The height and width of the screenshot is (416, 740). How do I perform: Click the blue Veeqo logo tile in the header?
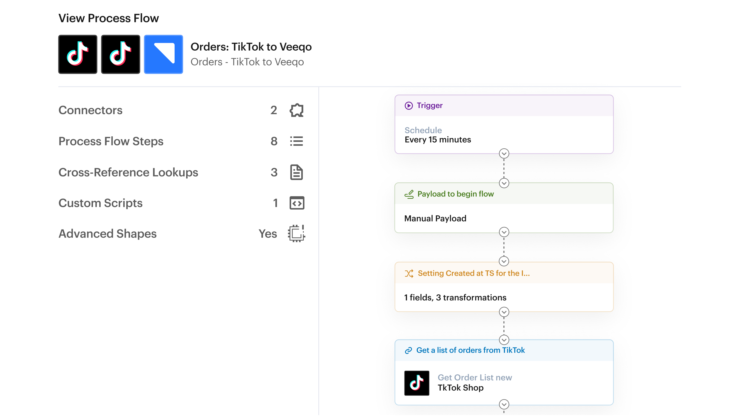[x=163, y=54]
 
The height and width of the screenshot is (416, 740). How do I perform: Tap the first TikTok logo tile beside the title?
[x=77, y=54]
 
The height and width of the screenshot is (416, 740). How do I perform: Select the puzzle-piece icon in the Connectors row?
[x=296, y=110]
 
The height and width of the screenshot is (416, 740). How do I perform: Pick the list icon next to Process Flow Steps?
[x=296, y=141]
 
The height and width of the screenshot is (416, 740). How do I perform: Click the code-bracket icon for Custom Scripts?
[x=297, y=203]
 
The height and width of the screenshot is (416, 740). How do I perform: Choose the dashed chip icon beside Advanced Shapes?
[x=296, y=233]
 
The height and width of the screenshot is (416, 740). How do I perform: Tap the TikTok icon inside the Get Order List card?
[x=416, y=383]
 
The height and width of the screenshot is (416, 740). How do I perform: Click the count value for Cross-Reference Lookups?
[x=274, y=172]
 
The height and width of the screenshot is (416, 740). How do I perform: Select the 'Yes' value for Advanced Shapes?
[x=268, y=234]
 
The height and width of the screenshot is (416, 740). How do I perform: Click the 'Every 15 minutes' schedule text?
[x=438, y=140]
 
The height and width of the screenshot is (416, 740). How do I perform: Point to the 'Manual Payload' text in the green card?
[x=435, y=218]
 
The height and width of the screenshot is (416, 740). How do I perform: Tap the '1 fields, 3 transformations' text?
[x=455, y=297]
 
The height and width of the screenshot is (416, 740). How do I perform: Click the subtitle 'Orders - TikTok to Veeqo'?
[x=247, y=62]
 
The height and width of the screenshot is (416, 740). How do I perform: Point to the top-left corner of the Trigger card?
[x=395, y=95]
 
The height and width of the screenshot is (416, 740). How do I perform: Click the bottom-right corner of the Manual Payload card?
[x=613, y=232]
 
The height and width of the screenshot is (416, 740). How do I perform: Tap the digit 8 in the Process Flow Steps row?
[x=274, y=141]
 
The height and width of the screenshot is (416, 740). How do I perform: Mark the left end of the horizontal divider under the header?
[x=59, y=86]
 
